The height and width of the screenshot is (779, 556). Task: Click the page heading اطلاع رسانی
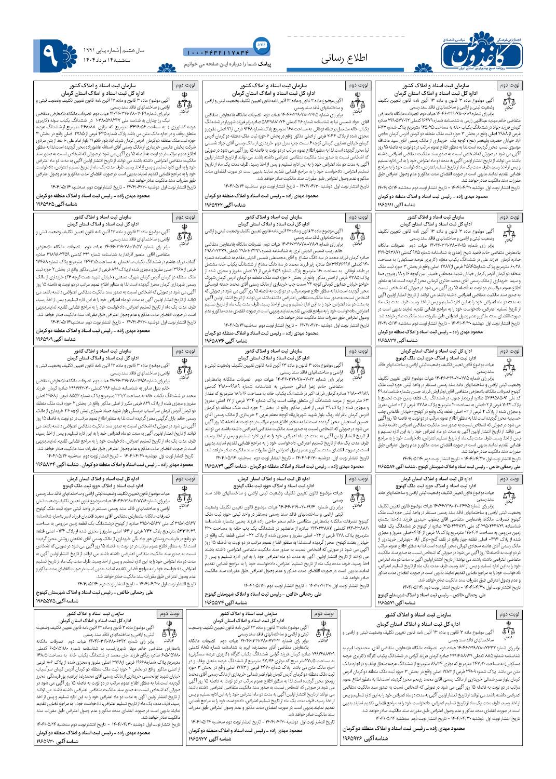[x=345, y=58]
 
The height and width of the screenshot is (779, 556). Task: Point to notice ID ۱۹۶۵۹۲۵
[x=55, y=206]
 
